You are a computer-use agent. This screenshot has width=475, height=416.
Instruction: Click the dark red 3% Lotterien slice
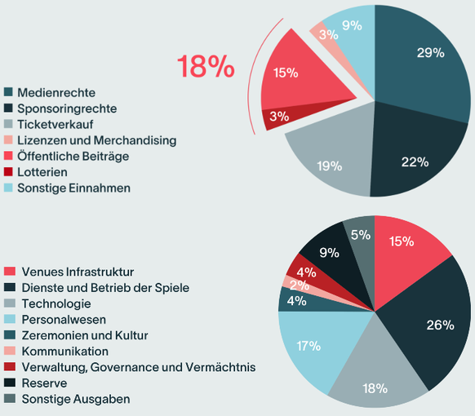tap(279, 116)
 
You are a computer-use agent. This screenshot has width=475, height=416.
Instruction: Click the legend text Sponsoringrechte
tap(67, 108)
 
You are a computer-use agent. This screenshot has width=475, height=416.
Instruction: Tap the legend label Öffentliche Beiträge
tap(73, 156)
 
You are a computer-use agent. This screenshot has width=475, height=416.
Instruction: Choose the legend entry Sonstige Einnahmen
tap(73, 188)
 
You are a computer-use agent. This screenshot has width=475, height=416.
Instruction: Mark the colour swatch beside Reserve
tap(10, 383)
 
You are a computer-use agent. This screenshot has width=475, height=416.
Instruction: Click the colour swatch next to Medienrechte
tap(10, 93)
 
